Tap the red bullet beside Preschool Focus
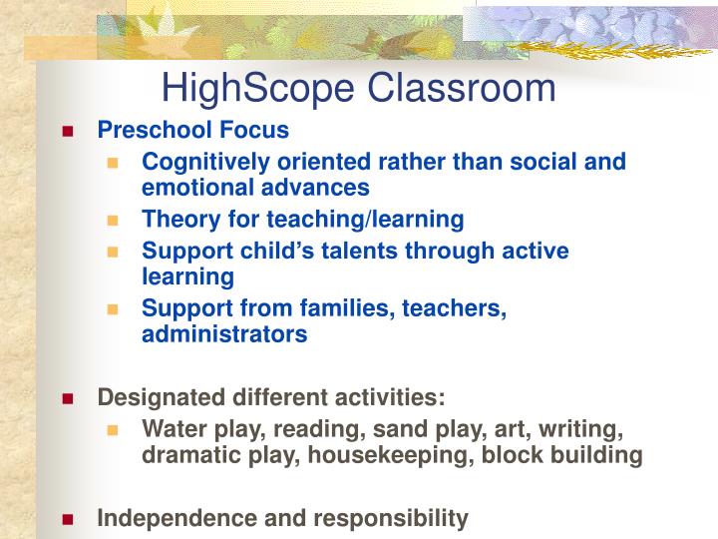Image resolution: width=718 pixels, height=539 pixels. [68, 131]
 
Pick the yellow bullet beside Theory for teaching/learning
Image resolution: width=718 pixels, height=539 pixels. [114, 219]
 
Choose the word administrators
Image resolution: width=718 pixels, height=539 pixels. [224, 335]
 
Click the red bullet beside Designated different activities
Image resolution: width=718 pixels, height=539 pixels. [68, 398]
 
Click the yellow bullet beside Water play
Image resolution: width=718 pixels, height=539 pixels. [114, 430]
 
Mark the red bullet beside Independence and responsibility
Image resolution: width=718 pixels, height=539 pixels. [68, 518]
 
